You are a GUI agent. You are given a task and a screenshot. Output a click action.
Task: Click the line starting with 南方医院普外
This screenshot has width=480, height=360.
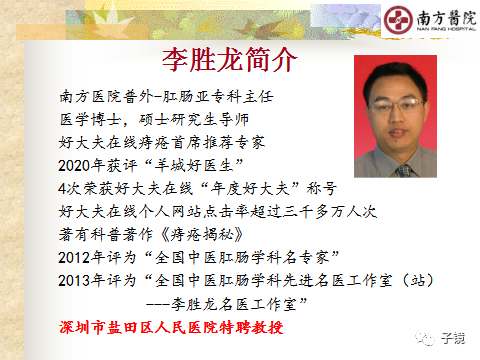coord(166,98)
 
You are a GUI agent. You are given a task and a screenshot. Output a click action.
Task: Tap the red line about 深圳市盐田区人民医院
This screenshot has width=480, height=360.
coord(171,327)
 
